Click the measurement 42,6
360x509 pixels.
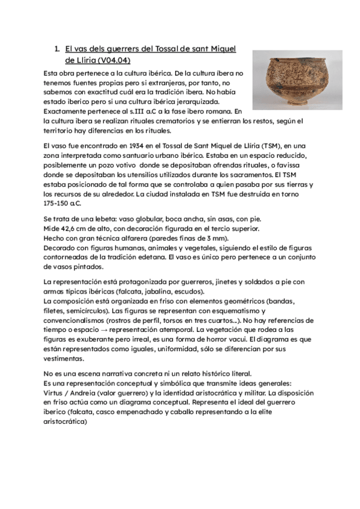pyautogui.click(x=71, y=229)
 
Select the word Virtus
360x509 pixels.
pyautogui.click(x=55, y=393)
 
